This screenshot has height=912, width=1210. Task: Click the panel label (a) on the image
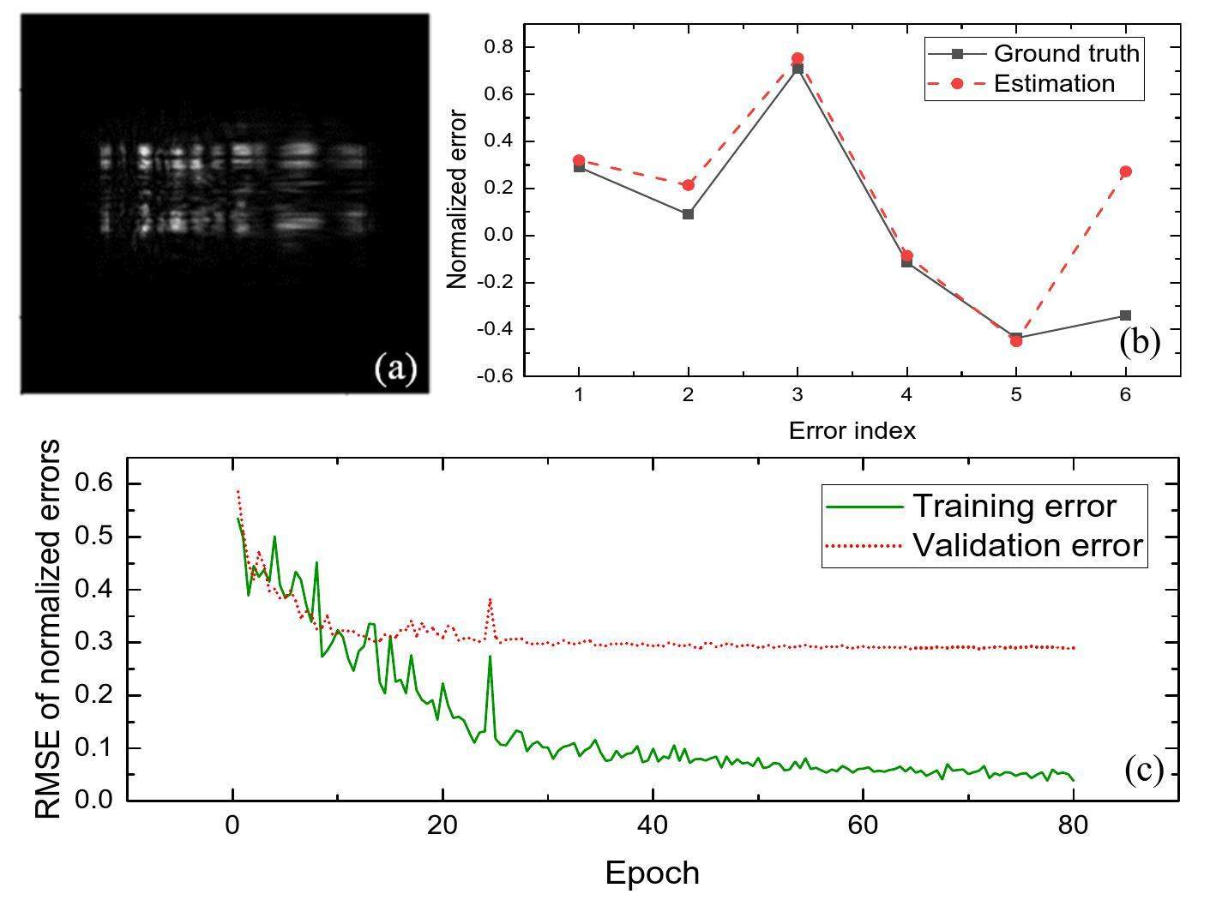(395, 369)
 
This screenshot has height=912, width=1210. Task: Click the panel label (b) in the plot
(1140, 341)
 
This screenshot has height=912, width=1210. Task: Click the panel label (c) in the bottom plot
(1144, 771)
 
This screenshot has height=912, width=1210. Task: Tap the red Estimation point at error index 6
(1126, 171)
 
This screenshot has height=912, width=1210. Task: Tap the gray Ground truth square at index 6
(1126, 315)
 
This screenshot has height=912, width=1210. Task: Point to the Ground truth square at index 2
(688, 214)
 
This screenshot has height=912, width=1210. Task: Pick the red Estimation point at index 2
(688, 185)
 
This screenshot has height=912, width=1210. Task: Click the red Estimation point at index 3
(798, 58)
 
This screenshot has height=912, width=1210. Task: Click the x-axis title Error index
(852, 430)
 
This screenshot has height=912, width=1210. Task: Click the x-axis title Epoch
(652, 873)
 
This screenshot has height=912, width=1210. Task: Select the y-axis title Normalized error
(457, 199)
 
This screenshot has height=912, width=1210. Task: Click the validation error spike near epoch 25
(490, 599)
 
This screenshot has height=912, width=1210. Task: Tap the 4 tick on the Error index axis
(906, 395)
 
